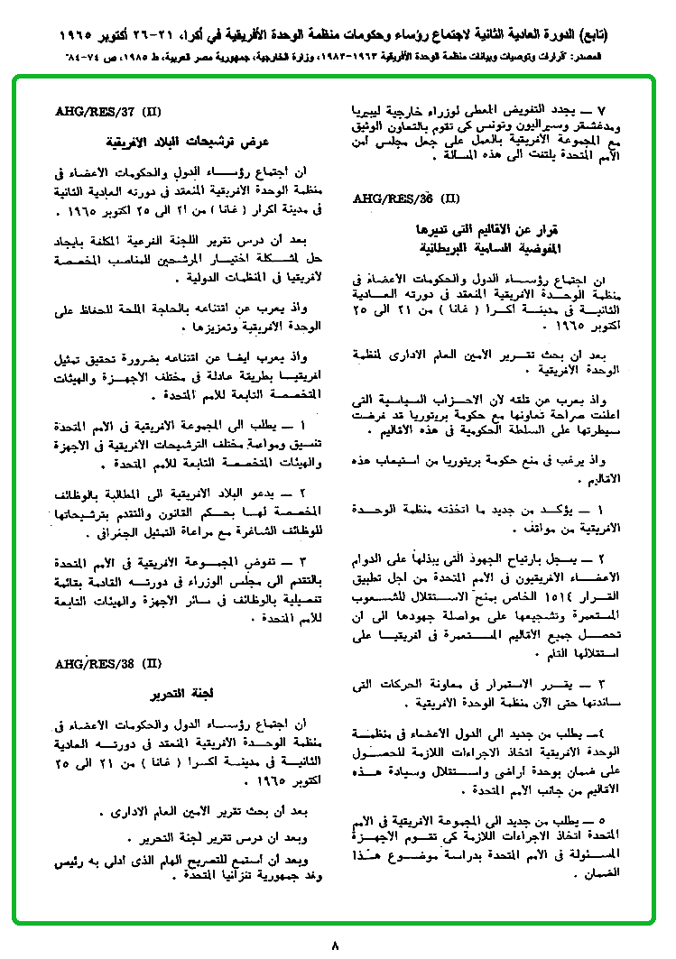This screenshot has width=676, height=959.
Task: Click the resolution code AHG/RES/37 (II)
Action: point(107,114)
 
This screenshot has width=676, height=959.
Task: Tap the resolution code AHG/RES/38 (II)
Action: point(107,664)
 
